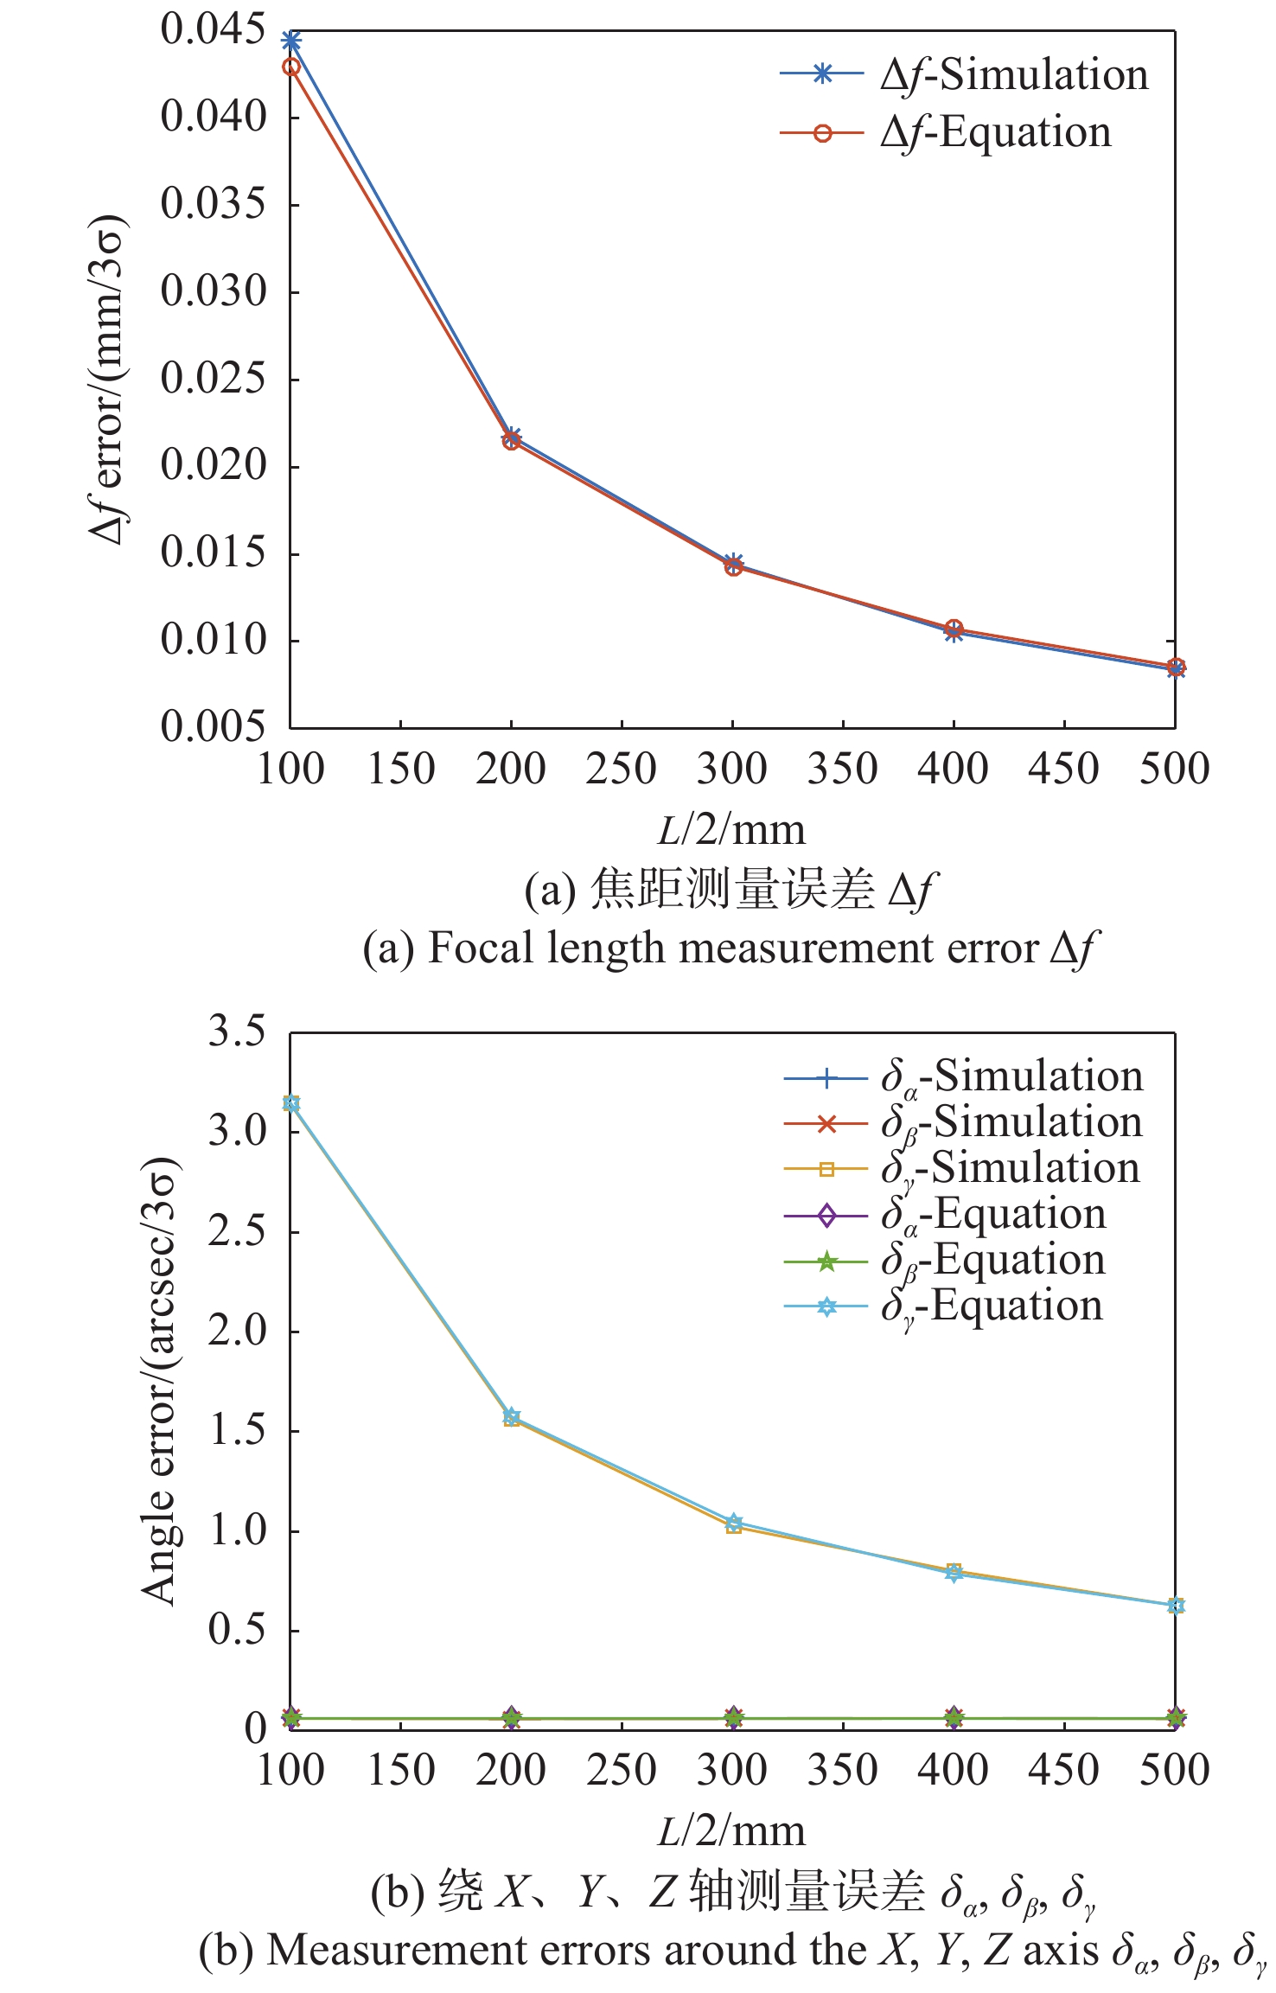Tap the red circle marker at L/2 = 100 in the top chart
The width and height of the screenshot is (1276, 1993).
point(291,67)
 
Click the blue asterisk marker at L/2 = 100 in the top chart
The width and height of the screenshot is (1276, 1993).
point(291,41)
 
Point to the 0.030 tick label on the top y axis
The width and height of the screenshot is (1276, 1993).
point(213,291)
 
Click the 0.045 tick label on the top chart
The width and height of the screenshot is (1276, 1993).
point(213,30)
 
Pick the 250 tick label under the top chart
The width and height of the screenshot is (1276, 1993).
point(622,769)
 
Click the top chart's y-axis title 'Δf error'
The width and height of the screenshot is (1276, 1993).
point(109,380)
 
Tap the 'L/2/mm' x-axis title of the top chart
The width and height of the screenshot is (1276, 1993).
point(731,830)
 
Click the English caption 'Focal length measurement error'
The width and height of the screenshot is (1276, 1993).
point(731,949)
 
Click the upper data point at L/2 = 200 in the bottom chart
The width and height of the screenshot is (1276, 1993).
point(512,1417)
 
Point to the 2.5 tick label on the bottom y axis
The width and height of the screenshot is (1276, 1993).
point(236,1231)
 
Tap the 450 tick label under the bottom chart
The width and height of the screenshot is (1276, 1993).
point(1063,1770)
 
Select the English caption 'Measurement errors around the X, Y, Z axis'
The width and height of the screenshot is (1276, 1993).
point(731,1951)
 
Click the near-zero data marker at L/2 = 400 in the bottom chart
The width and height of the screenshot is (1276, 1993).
point(954,1718)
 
